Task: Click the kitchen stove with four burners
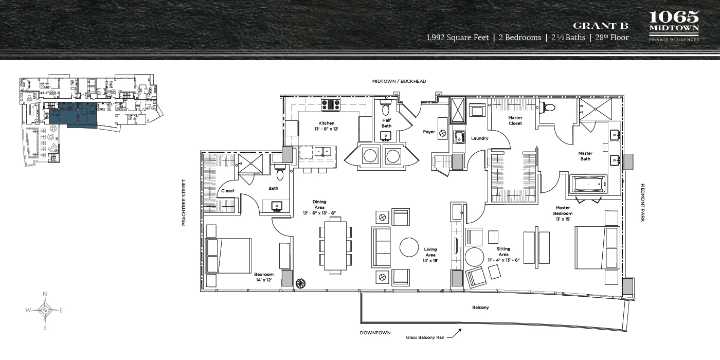(331, 105)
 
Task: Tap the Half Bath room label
(386, 123)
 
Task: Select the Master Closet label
(515, 120)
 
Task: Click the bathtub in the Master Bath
(587, 185)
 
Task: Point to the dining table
(335, 246)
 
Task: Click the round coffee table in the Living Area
(409, 247)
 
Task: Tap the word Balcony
(480, 308)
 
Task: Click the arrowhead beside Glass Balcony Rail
(460, 330)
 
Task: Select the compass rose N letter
(45, 294)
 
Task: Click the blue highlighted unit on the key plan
(73, 114)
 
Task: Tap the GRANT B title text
(601, 26)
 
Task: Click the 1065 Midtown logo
(674, 26)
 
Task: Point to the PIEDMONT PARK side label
(642, 203)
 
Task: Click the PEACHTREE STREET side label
(184, 203)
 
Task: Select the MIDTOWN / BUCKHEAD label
(399, 81)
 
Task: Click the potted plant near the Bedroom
(300, 283)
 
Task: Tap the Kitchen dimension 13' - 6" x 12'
(326, 129)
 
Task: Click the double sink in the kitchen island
(323, 151)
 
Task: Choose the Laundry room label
(479, 138)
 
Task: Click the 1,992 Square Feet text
(458, 38)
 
